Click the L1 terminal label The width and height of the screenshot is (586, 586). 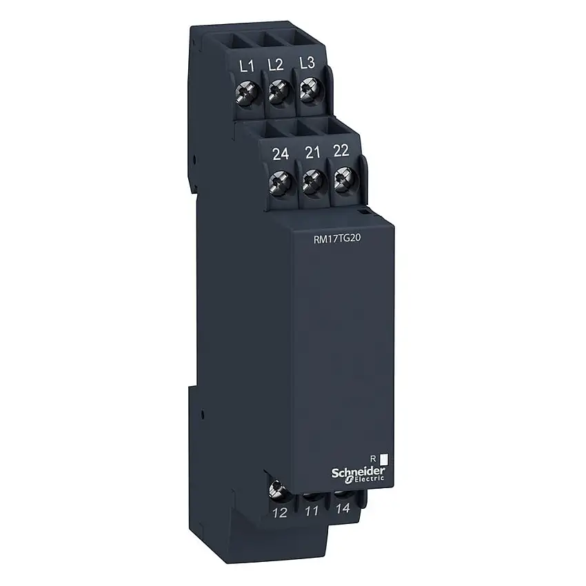(x=247, y=66)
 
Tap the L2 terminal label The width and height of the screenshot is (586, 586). (x=276, y=65)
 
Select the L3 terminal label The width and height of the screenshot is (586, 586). (x=307, y=63)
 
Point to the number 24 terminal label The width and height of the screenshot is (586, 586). (x=281, y=154)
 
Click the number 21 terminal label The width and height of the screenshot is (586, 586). (x=312, y=152)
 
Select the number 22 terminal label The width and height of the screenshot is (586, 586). (x=341, y=150)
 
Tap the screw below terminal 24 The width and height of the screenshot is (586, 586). (x=280, y=182)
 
